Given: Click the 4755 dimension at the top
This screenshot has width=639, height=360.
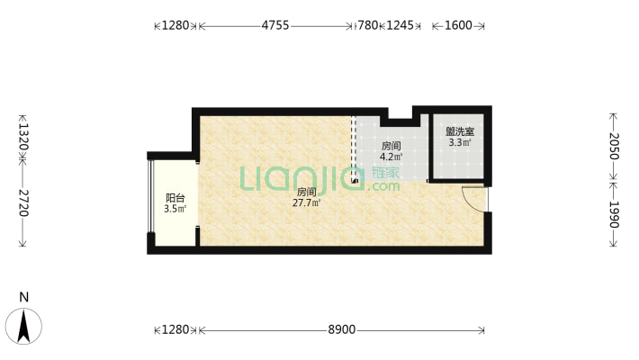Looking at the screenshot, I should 275,26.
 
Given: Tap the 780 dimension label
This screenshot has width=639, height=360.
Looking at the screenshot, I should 367,26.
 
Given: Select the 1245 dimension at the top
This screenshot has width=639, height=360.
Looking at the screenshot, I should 400,26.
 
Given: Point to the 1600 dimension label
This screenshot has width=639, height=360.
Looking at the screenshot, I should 458,26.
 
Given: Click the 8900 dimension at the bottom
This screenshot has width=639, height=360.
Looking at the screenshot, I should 342,330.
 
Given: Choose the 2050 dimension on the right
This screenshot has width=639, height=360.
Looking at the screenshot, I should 614,147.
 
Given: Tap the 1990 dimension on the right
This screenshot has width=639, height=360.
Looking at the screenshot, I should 614,214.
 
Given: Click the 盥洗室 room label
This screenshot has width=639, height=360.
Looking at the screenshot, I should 460,131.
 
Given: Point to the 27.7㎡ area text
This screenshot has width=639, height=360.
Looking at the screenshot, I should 306,203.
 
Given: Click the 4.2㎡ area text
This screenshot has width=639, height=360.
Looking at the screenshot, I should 391,157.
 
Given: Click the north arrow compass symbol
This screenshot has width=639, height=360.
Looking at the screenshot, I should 25,326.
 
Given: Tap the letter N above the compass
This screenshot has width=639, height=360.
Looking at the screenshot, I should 25,297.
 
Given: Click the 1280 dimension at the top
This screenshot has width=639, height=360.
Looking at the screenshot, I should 175,26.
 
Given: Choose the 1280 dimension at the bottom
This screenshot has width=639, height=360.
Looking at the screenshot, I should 175,330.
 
